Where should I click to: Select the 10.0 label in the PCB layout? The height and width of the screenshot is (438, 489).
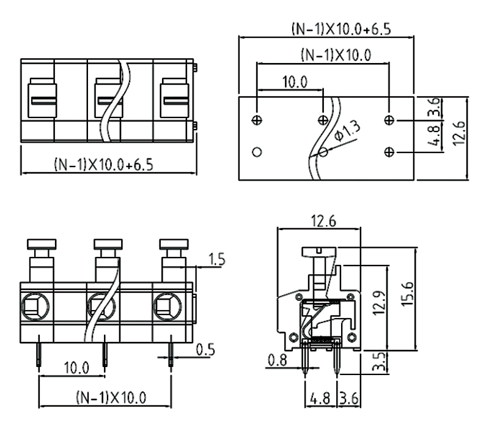tap(295, 82)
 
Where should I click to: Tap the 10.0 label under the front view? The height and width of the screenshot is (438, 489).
tap(76, 368)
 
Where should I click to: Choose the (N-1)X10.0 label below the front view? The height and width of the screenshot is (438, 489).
tap(111, 398)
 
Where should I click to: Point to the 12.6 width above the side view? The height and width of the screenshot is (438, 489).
tap(318, 221)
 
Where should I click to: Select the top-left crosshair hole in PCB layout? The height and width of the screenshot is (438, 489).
tap(257, 120)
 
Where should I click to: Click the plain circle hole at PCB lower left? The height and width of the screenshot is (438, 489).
tap(257, 151)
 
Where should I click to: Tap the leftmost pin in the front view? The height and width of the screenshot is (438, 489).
tap(39, 351)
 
